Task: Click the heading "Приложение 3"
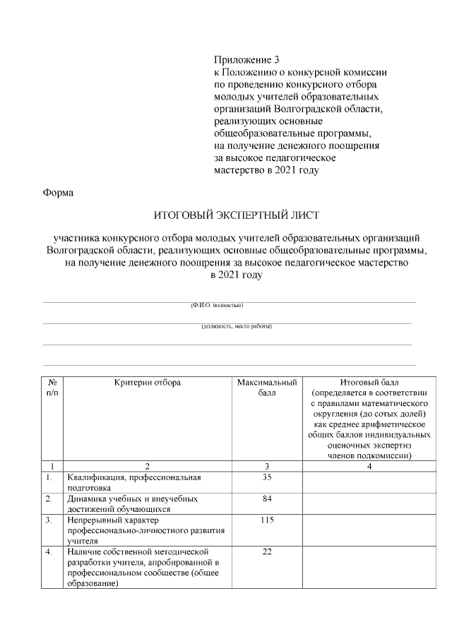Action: click(x=242, y=59)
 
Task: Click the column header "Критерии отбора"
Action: click(x=148, y=382)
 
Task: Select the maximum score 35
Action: click(x=267, y=477)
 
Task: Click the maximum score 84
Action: click(x=267, y=498)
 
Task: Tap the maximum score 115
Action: click(x=267, y=520)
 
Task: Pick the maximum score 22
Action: click(x=267, y=551)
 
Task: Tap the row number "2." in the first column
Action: click(x=49, y=498)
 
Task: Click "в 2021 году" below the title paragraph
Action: click(x=237, y=275)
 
